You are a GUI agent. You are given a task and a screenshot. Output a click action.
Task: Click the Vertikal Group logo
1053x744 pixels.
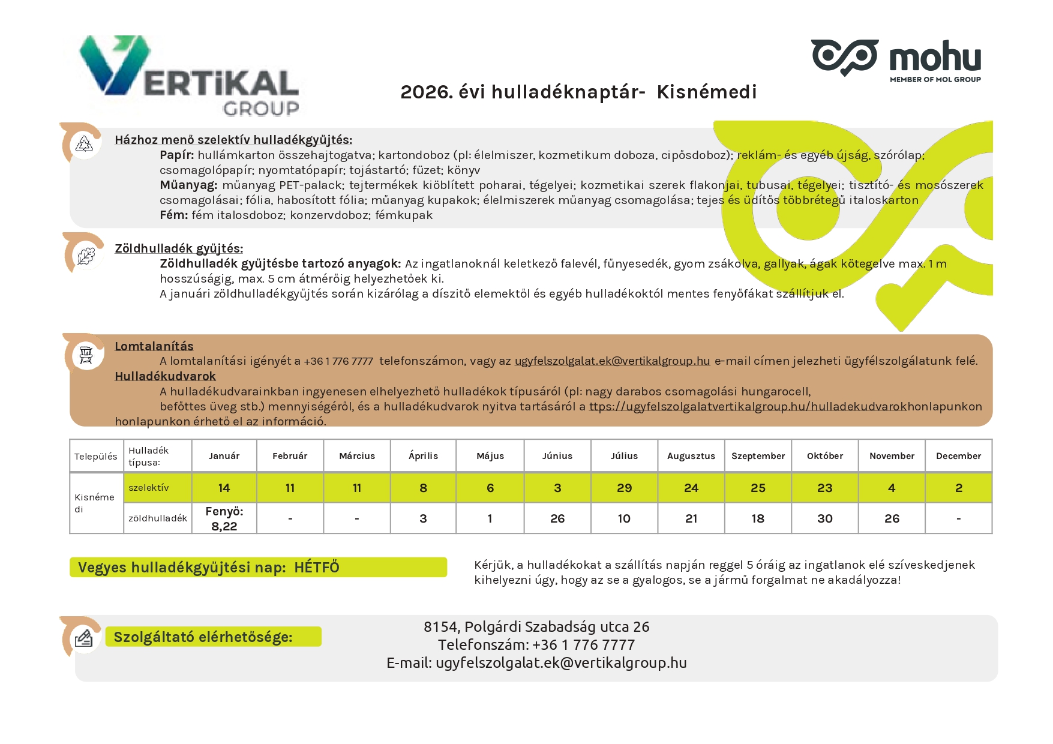tap(190, 76)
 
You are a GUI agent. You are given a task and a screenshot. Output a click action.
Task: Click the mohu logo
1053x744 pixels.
tap(896, 59)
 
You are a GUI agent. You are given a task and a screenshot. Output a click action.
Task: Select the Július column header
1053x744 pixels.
tap(624, 456)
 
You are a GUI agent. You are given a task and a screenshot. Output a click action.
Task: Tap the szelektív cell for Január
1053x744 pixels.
tap(224, 488)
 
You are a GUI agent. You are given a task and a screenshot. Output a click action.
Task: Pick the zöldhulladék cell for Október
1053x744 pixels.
tap(824, 518)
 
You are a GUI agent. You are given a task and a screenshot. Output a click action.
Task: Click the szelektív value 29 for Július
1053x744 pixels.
tap(624, 488)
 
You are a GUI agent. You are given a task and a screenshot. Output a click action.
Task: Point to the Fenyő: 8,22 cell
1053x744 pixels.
tap(224, 518)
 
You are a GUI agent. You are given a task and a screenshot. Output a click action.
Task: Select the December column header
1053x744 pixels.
tap(958, 456)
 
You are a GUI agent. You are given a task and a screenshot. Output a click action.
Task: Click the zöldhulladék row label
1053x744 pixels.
tap(157, 518)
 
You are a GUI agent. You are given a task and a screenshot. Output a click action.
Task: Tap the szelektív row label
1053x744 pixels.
tap(149, 488)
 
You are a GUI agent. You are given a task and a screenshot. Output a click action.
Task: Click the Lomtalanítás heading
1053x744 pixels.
tap(154, 346)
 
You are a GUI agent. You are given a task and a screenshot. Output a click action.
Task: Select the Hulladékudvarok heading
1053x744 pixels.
tap(165, 376)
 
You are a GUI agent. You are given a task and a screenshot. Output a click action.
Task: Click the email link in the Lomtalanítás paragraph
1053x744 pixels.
tap(612, 361)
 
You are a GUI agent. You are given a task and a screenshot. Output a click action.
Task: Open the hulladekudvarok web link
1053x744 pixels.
tap(748, 406)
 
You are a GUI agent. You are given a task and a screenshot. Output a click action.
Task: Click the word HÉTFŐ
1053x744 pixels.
tap(317, 568)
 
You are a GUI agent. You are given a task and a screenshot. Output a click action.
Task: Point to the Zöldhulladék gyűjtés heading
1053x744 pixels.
tap(179, 248)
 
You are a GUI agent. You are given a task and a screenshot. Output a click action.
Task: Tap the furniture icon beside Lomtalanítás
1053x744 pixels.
tap(86, 355)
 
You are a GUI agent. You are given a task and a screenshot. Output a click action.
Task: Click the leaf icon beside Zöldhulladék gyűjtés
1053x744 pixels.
tap(86, 256)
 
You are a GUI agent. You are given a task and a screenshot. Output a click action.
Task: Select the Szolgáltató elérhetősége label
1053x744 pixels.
tap(203, 637)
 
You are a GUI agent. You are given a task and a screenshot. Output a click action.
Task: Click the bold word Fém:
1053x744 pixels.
tap(174, 215)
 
